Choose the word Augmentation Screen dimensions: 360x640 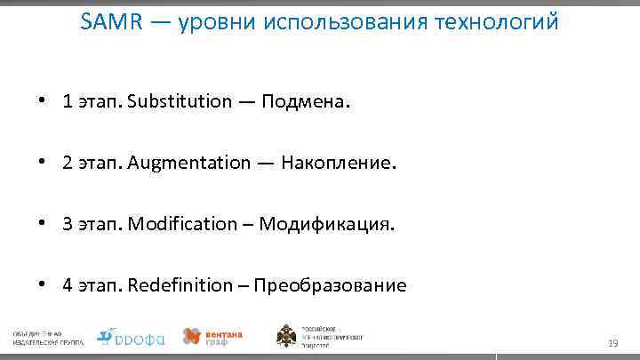pos(189,162)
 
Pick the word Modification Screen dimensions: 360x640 pos(182,223)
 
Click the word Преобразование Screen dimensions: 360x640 pos(330,285)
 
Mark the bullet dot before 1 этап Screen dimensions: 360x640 pos(42,100)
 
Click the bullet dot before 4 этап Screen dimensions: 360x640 pos(42,285)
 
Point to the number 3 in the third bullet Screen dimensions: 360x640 pos(68,223)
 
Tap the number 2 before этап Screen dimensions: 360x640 pos(68,162)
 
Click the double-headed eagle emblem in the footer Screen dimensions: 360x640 pos(288,336)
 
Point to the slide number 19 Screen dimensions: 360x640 pos(612,342)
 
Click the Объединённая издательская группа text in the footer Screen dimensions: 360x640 pos(48,337)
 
